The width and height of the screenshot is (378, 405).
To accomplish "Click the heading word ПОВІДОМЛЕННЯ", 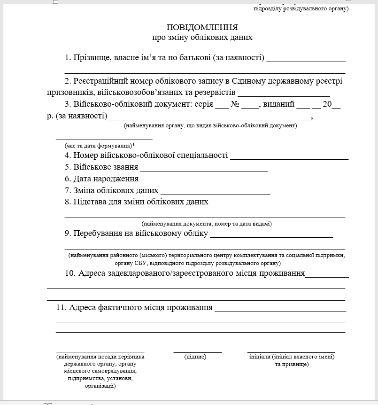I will point(202,27).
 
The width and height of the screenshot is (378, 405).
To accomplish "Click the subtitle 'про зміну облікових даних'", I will point(202,37).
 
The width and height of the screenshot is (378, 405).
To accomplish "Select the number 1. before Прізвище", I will point(68,58).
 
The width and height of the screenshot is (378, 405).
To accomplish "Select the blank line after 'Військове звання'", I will point(204,170).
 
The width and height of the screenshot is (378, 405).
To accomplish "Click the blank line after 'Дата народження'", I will point(204,182).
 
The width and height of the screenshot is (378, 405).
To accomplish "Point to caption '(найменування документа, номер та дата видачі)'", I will point(207,224).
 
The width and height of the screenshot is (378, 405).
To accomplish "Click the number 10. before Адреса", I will point(70,273).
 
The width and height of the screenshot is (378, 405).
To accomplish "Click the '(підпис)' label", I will point(195,357).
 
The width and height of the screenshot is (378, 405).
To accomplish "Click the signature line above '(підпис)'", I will point(198,351).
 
